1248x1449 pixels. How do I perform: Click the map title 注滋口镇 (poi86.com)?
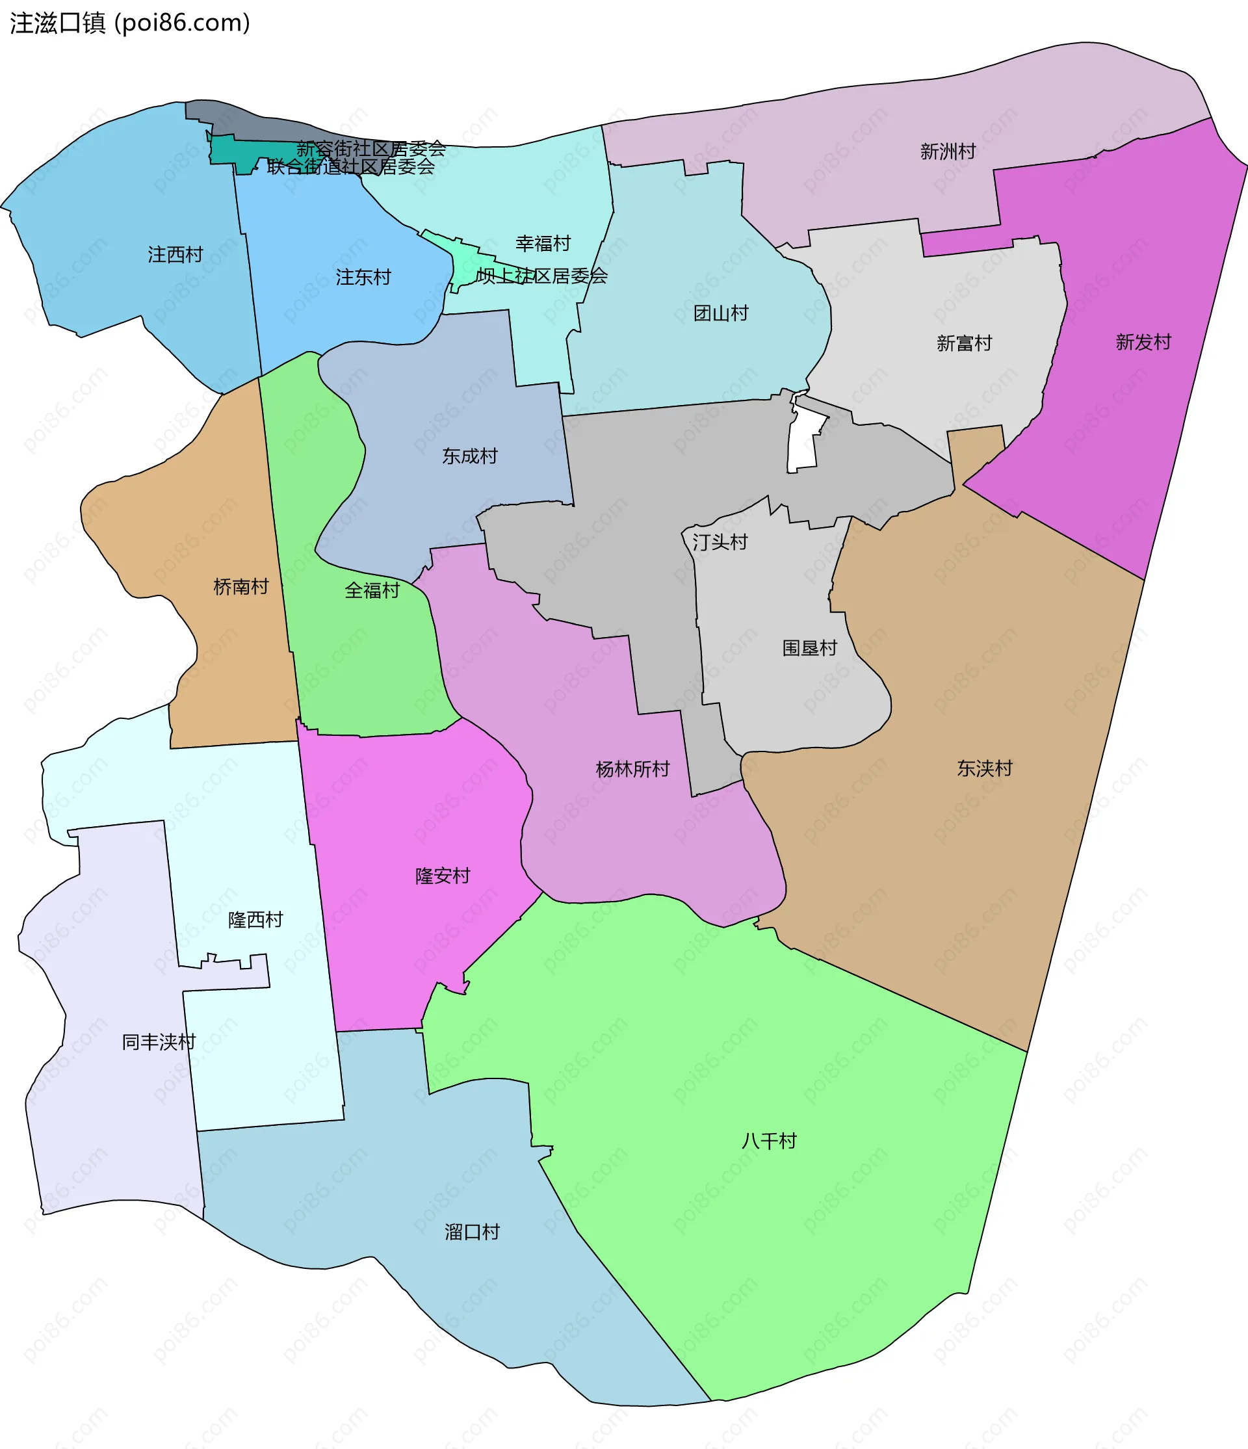click(130, 23)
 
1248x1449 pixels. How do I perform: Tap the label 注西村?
click(175, 255)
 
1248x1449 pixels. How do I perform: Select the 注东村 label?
click(363, 278)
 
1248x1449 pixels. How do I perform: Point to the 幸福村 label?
click(543, 243)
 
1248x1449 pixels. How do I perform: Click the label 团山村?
click(721, 313)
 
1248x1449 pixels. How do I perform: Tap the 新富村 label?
click(964, 343)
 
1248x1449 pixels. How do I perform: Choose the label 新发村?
click(1143, 342)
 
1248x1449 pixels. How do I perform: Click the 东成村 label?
click(470, 456)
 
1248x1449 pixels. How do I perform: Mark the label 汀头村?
click(720, 542)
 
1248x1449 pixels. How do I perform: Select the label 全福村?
click(372, 590)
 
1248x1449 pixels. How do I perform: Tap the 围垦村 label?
click(810, 647)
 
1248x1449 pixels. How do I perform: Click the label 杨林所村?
click(632, 769)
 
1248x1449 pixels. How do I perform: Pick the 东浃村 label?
click(984, 768)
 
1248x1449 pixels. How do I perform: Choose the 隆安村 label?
click(443, 876)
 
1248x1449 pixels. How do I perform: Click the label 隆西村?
click(255, 920)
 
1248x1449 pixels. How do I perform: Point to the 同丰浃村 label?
click(159, 1042)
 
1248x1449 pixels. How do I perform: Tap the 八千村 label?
click(769, 1142)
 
